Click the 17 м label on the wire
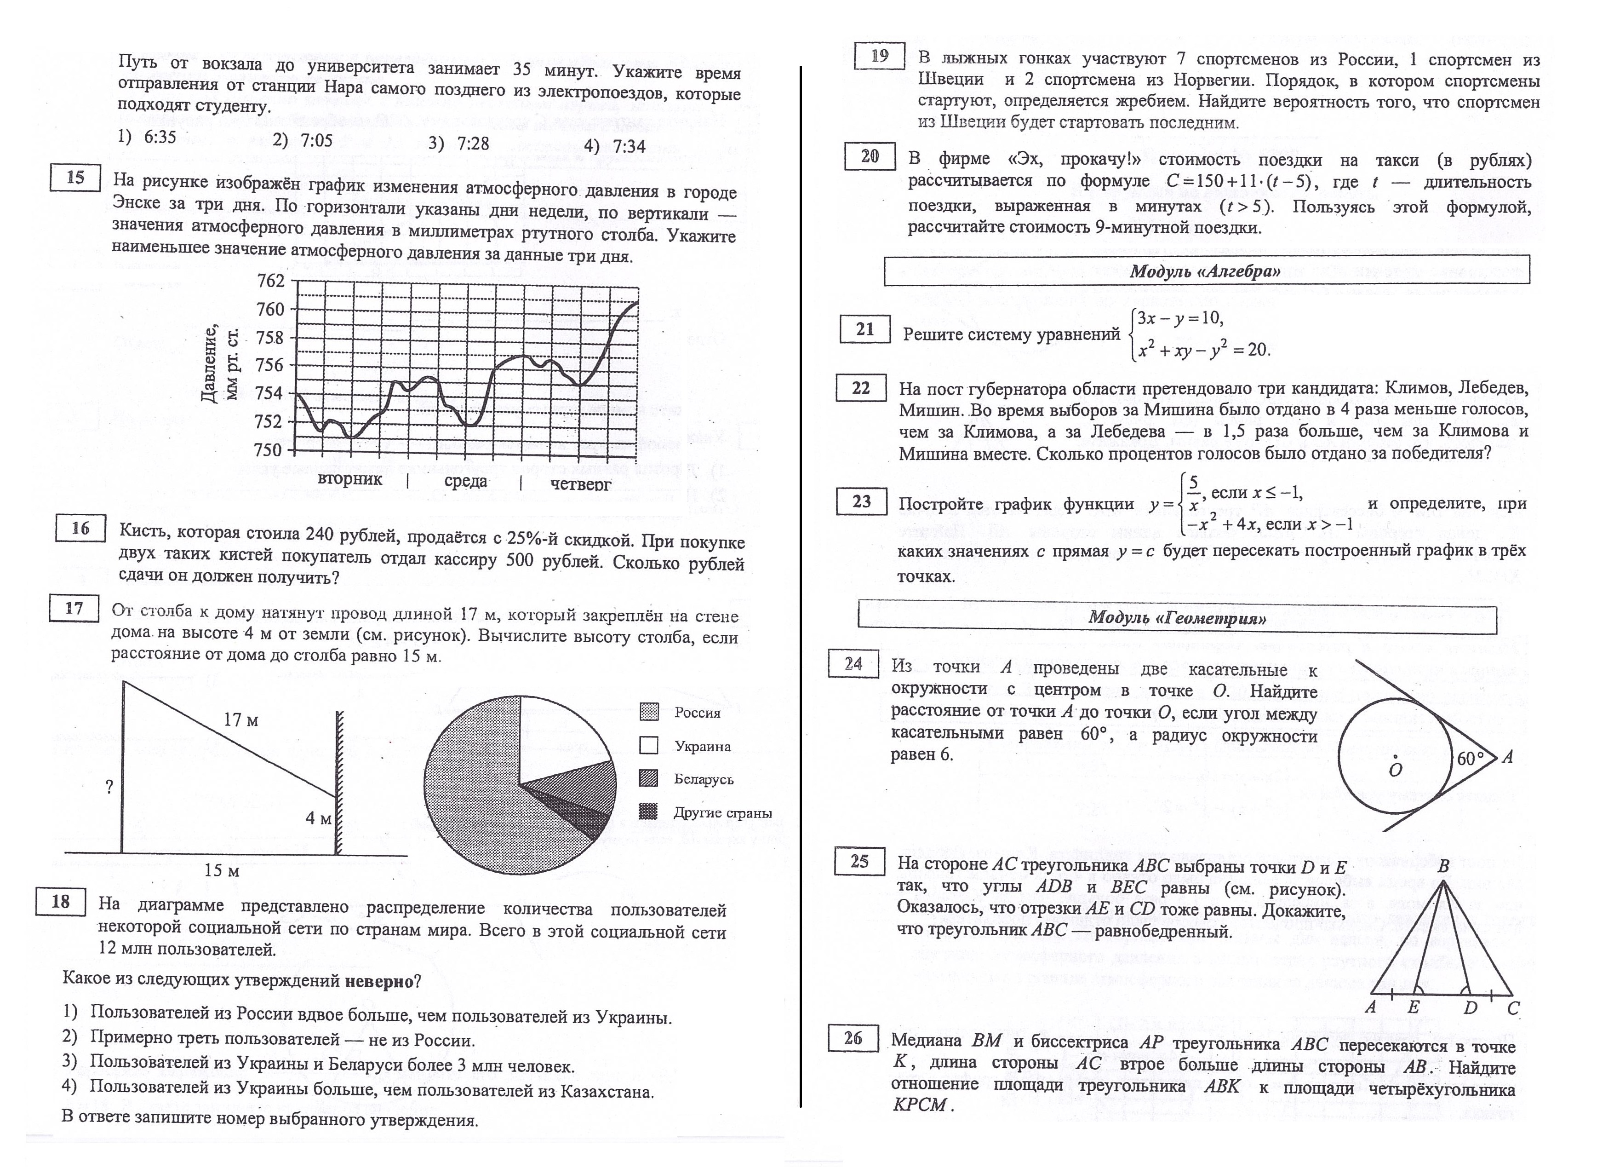pyautogui.click(x=240, y=720)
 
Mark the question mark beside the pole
pyautogui.click(x=109, y=787)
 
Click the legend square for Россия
pyautogui.click(x=648, y=712)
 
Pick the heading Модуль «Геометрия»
pyautogui.click(x=1177, y=617)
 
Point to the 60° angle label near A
pyautogui.click(x=1470, y=759)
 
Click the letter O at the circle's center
pyautogui.click(x=1396, y=771)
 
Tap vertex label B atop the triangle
pyautogui.click(x=1443, y=866)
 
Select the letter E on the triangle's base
pyautogui.click(x=1414, y=1007)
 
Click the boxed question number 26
pyautogui.click(x=853, y=1039)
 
